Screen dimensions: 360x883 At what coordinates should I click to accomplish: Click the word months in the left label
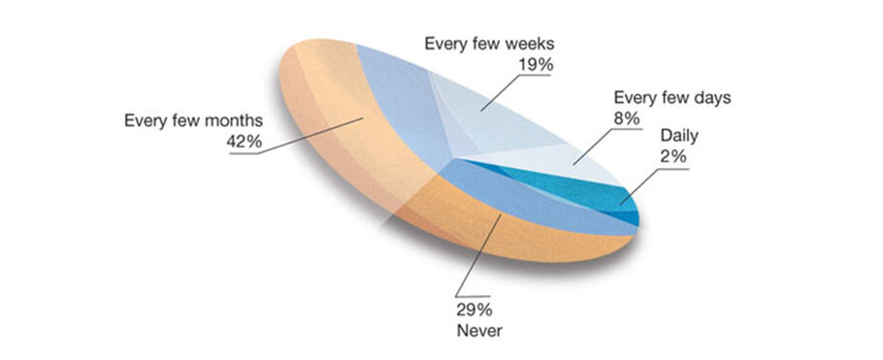pyautogui.click(x=232, y=121)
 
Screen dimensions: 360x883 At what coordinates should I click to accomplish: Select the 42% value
pyautogui.click(x=245, y=142)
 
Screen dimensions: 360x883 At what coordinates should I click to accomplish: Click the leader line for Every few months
pyautogui.click(x=311, y=136)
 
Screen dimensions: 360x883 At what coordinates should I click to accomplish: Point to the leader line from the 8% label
pyautogui.click(x=597, y=146)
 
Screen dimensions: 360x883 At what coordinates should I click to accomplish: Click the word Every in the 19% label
pyautogui.click(x=447, y=44)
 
